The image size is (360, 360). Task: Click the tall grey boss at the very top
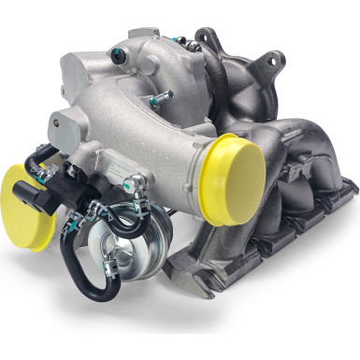[x=141, y=42]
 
